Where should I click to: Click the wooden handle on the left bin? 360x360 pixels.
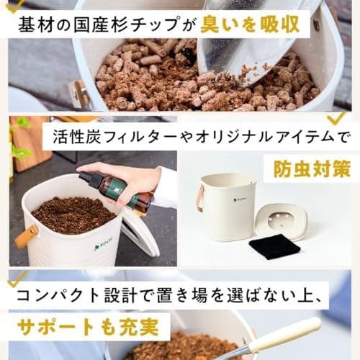27,236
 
